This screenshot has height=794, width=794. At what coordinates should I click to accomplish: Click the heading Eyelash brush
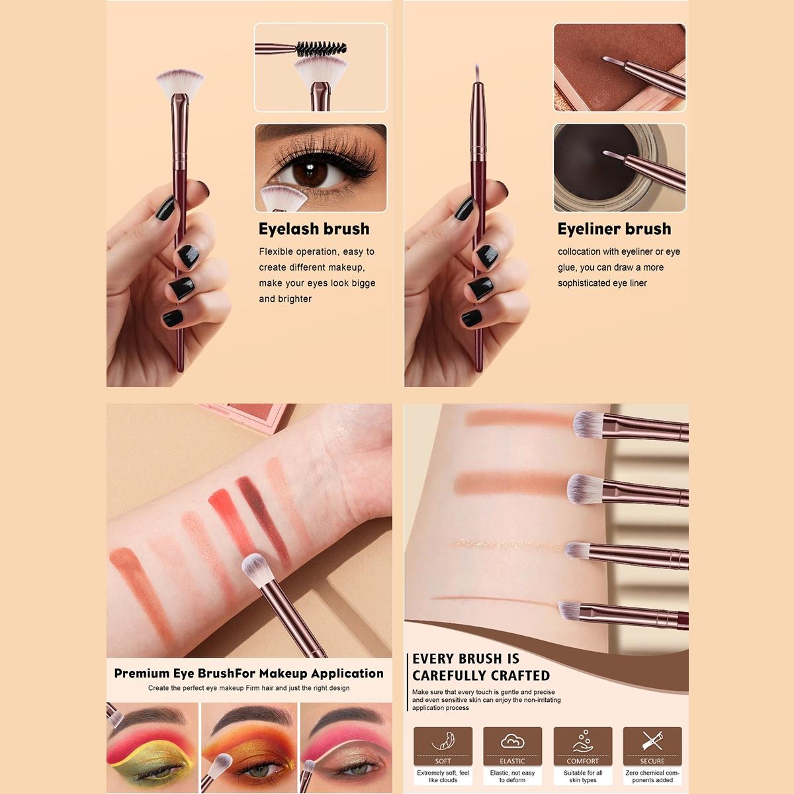[314, 229]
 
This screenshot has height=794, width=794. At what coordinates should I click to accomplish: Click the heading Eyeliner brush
[614, 229]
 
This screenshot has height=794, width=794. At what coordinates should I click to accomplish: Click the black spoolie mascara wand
[321, 48]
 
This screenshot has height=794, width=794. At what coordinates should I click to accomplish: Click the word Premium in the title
[142, 674]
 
